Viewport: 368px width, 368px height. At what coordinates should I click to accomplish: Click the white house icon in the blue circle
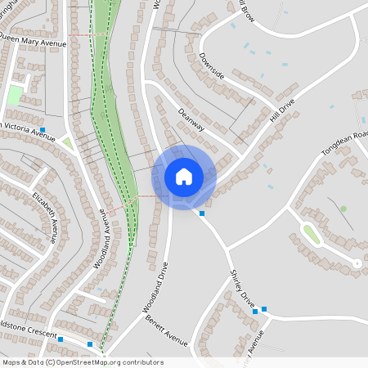[x=184, y=177]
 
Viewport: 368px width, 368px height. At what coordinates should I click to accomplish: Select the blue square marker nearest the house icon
[x=202, y=213]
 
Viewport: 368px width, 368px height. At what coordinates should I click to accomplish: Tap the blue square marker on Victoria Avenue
[x=43, y=130]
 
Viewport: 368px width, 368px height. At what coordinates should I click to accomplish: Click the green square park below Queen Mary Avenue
[x=14, y=96]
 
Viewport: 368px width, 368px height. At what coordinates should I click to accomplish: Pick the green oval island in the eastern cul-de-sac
[x=310, y=234]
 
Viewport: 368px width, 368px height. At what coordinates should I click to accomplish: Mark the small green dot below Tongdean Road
[x=343, y=209]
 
